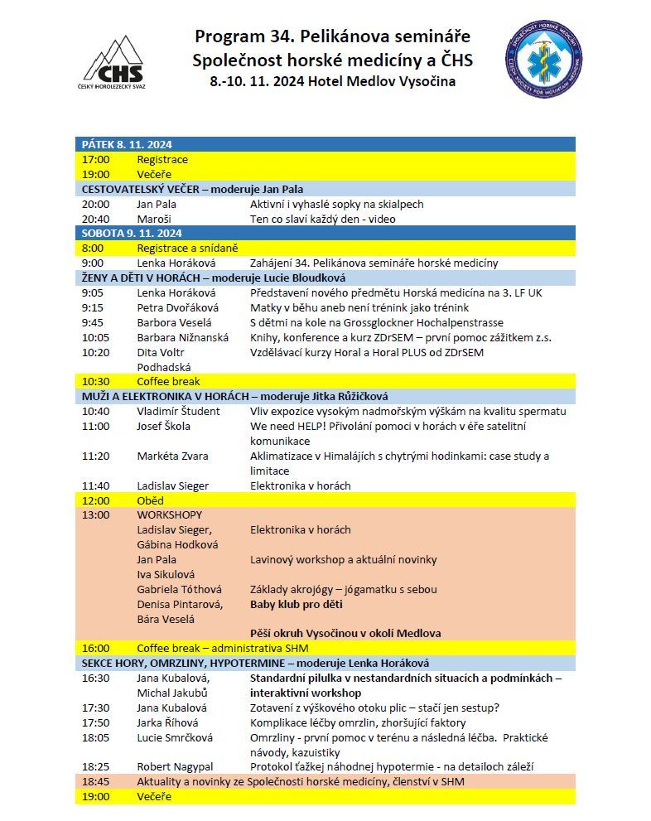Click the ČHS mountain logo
coord(114,63)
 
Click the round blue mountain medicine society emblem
coord(543,60)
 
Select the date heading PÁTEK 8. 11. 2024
coord(127,144)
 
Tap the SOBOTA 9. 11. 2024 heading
coord(132,233)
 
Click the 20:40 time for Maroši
coord(95,219)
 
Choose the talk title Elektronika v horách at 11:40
coord(300,485)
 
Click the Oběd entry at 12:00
coord(150,500)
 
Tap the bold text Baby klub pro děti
coord(297,604)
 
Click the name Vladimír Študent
coord(178,411)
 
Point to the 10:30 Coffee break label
coord(168,381)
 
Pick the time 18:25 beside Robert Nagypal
coord(95,767)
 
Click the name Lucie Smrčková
coord(175,737)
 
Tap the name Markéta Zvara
coord(172,456)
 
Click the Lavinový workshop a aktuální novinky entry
coord(343,560)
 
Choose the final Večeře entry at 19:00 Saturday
coord(154,796)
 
